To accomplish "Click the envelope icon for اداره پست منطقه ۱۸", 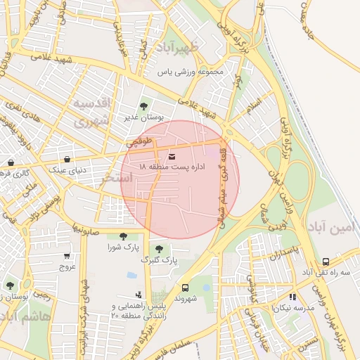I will point(172,156).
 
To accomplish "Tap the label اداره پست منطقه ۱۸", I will point(172,167).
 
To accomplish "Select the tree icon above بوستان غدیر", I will point(143,106).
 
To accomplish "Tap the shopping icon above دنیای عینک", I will point(67,160).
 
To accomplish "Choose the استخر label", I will point(117,179).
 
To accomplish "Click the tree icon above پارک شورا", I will point(123,236).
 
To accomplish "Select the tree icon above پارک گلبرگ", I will point(160,248).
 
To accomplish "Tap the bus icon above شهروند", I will point(186,288).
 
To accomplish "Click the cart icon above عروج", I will point(67,256).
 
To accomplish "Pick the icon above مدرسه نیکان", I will point(292,297).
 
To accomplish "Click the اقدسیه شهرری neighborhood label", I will point(94,112).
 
